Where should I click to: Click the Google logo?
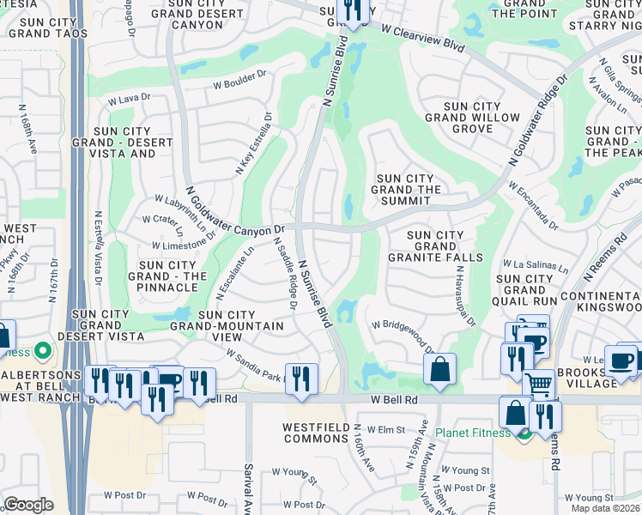tap(28, 505)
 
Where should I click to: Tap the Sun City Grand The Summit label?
tap(409, 190)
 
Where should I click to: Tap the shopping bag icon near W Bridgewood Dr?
tap(439, 370)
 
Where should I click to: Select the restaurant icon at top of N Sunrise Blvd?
tap(352, 10)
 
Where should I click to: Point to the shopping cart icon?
tap(539, 385)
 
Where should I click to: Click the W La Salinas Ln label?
tap(536, 265)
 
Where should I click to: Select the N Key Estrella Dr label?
tap(255, 143)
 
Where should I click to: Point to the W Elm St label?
tap(386, 428)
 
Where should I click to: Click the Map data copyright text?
tap(604, 508)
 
